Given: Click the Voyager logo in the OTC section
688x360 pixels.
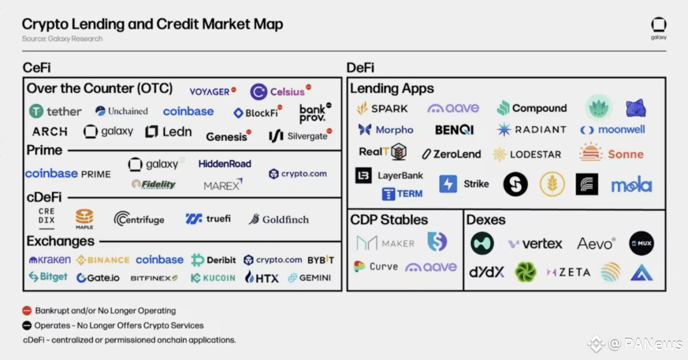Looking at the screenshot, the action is (x=212, y=91).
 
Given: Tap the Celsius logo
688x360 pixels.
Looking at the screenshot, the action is (x=280, y=92).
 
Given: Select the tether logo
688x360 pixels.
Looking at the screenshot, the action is (x=55, y=112).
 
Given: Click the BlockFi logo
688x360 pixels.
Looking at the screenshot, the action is (x=256, y=113).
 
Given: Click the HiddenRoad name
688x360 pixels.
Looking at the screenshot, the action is (x=224, y=164).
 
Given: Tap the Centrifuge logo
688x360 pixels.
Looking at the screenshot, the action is (x=139, y=219).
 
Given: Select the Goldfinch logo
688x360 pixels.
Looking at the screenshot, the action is (x=278, y=219).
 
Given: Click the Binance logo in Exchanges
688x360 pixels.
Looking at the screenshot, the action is (x=103, y=260).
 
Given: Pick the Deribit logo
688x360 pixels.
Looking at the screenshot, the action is (x=213, y=260).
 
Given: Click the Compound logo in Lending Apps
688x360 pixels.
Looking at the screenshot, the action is (x=532, y=108).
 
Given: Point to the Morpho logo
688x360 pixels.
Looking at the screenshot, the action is (x=385, y=130).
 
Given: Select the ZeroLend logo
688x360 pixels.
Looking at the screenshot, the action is (x=450, y=154).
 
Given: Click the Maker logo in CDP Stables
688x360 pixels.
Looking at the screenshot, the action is (x=385, y=243).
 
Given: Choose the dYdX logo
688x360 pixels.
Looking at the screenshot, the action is (x=487, y=272).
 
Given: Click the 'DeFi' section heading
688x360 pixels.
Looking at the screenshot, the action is (x=360, y=68).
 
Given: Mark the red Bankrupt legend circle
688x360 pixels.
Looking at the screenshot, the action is (x=27, y=311).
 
